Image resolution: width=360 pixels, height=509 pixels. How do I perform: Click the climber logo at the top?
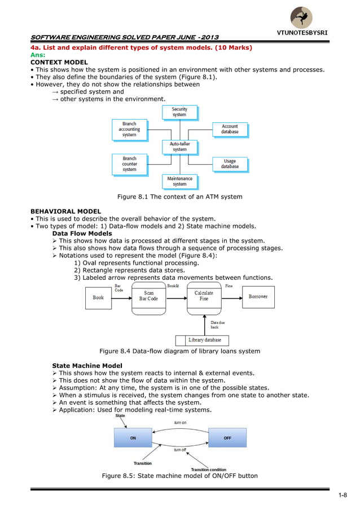301,17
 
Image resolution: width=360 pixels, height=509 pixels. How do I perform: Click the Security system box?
180,112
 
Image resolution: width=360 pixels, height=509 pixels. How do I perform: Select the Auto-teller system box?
180,147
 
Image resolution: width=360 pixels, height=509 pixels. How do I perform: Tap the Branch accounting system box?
130,130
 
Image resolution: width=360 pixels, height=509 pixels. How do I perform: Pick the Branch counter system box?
130,165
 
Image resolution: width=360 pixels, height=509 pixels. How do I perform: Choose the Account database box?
230,130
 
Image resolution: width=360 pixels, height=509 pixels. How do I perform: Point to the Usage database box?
230,164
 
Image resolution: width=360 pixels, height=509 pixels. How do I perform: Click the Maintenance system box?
180,182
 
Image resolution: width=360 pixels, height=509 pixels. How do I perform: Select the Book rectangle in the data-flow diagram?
98,298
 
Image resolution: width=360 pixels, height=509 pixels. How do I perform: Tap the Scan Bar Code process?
148,299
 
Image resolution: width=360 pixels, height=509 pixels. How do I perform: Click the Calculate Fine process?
204,299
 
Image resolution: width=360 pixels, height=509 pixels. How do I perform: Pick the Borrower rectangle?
258,297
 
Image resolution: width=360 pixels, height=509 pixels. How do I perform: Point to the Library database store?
202,340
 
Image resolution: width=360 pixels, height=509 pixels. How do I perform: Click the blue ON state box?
133,437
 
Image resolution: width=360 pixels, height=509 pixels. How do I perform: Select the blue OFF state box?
227,437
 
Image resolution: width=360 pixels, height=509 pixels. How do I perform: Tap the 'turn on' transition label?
180,423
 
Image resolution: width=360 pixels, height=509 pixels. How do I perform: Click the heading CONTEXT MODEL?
59,62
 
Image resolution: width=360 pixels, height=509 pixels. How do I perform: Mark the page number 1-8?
343,495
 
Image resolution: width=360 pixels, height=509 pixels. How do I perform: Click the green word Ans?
38,55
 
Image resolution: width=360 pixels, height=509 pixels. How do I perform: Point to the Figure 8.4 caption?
180,351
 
